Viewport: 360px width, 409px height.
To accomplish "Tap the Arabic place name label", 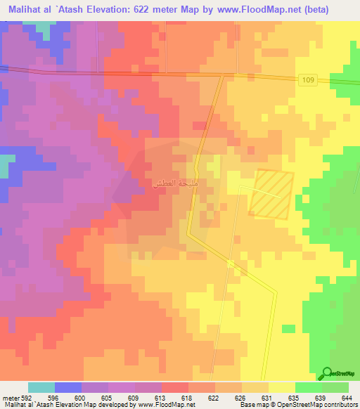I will (175, 184).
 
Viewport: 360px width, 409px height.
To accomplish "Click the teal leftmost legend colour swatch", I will (41, 387).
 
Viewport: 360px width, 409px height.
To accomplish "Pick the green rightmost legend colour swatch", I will (335, 387).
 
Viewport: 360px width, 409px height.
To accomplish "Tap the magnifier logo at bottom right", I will (328, 372).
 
